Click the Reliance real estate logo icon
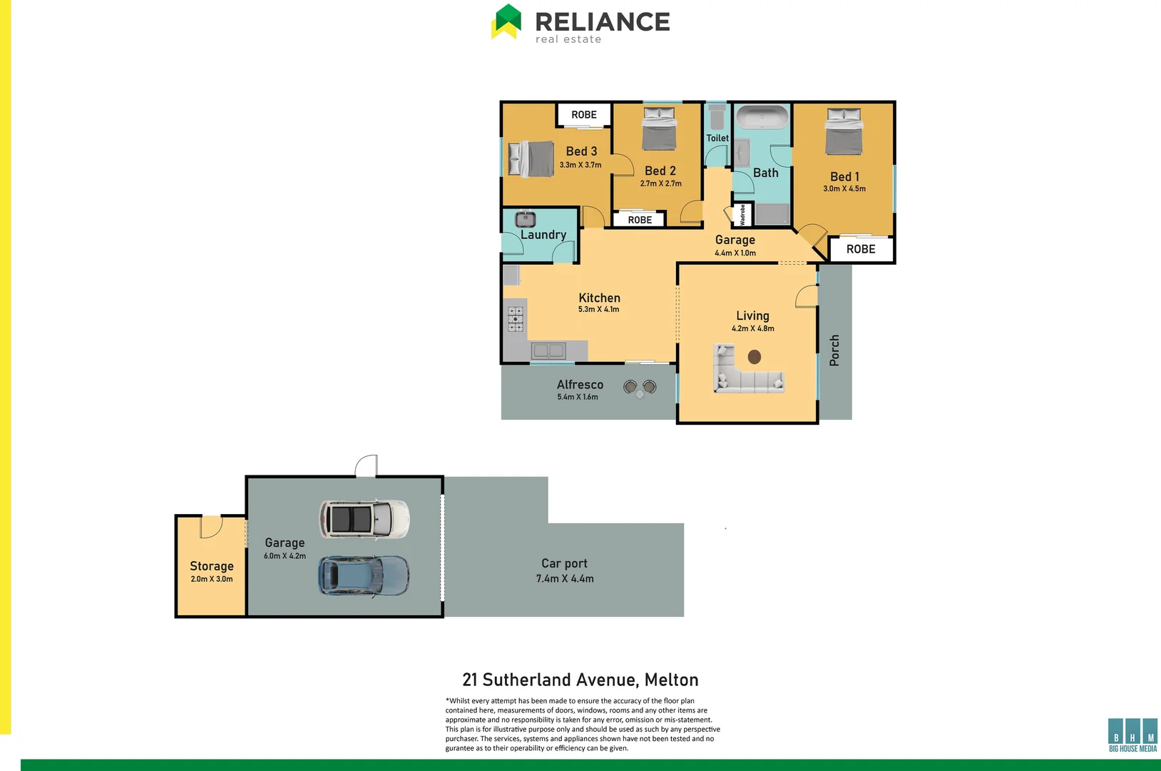tap(507, 21)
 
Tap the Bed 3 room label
tap(581, 151)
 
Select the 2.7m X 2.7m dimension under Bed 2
tap(660, 183)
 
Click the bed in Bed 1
tap(844, 131)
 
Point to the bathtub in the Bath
tap(762, 117)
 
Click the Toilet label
tap(717, 138)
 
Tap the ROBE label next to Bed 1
tap(861, 249)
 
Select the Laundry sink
tap(526, 219)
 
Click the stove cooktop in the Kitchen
tap(516, 319)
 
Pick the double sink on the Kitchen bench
tap(548, 351)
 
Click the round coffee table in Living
tap(754, 357)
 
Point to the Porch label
tap(834, 351)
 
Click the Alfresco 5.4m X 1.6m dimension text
tap(578, 397)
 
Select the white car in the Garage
tap(364, 519)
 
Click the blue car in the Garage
tap(364, 576)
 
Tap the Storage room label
tap(212, 566)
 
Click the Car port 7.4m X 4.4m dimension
tap(565, 579)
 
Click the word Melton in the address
tap(671, 680)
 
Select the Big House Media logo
tap(1132, 735)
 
